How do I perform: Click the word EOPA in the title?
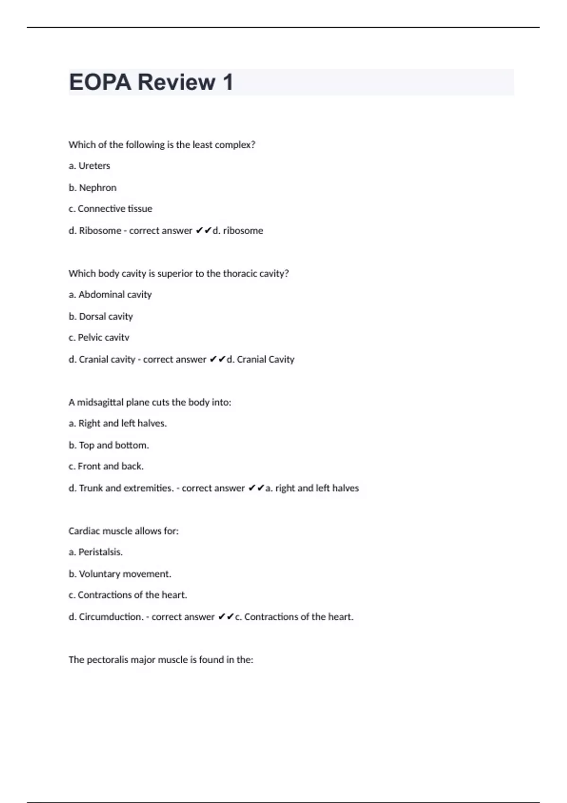100,82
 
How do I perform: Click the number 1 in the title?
228,82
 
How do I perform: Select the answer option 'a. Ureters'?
89,166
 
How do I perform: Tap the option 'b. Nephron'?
93,188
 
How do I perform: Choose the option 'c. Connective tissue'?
111,209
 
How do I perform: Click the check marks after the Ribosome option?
204,231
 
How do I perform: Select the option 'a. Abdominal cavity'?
110,295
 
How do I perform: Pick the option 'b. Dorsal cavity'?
101,316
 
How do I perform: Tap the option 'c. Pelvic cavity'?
99,338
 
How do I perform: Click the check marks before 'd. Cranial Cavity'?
217,359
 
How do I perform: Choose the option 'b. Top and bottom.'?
109,445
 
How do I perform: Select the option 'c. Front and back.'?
106,466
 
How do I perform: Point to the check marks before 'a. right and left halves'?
256,488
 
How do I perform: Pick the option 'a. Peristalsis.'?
95,552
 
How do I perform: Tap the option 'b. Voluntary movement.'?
120,574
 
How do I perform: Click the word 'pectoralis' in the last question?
108,660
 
